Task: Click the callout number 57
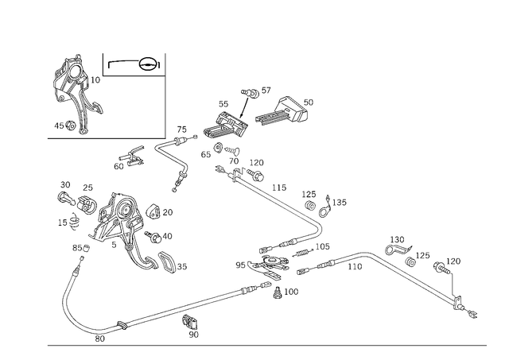coord(266,90)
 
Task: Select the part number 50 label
coord(309,103)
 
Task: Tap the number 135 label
coord(340,203)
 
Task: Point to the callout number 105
coord(322,246)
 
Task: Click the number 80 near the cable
coord(100,339)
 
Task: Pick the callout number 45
coord(59,126)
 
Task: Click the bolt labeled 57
coord(251,93)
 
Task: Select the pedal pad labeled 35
coord(167,262)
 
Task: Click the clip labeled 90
coord(190,322)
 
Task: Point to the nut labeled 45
coord(71,125)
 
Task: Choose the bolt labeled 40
coord(153,237)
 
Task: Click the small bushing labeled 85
coord(87,249)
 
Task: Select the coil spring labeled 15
coord(75,222)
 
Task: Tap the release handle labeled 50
coord(282,111)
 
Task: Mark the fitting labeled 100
coord(277,292)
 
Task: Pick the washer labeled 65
coord(217,147)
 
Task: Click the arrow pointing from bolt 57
coord(244,106)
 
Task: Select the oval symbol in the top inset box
coord(147,64)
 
